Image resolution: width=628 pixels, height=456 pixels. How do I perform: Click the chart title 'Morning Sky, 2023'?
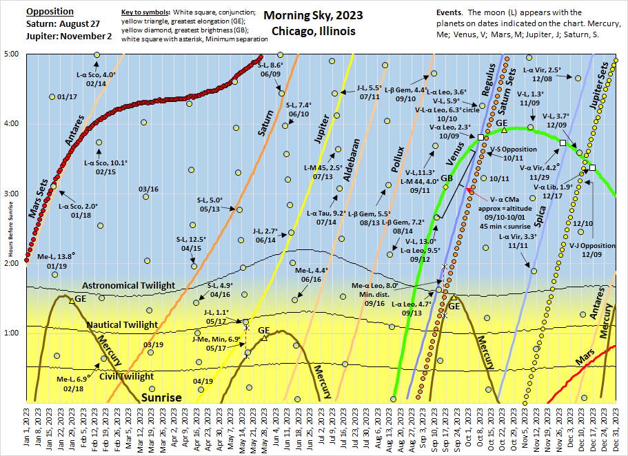click(x=314, y=16)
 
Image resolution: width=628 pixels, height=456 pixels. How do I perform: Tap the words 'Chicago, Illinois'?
click(x=314, y=31)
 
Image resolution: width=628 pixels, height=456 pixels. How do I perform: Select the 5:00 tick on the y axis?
click(x=14, y=54)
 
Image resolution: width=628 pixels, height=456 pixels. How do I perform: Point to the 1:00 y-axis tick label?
click(x=14, y=333)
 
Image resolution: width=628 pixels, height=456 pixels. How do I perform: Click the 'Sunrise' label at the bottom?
click(x=161, y=397)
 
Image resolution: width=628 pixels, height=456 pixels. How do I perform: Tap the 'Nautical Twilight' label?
click(x=122, y=324)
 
